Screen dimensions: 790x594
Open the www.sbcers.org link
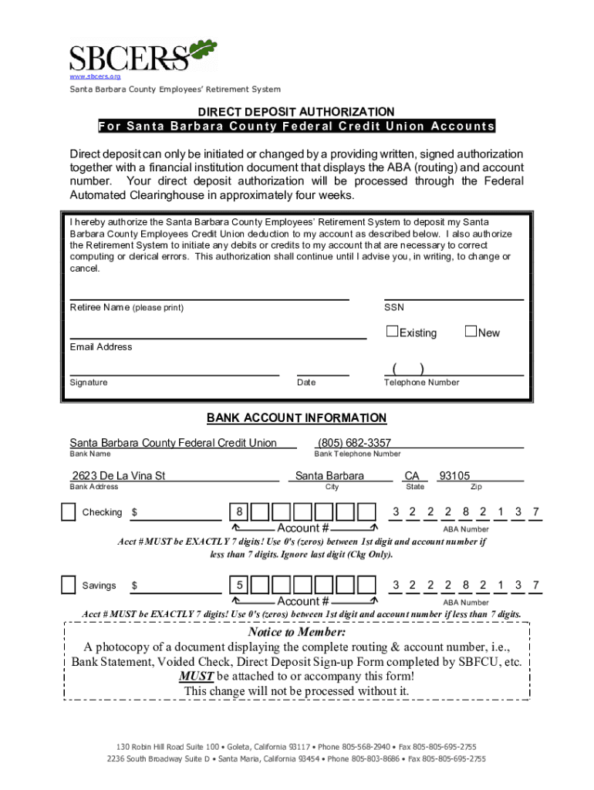coord(95,77)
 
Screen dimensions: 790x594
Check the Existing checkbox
coord(392,332)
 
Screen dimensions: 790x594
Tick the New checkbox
coord(471,332)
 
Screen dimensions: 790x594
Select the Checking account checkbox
coord(69,512)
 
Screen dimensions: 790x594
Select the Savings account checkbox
coord(69,586)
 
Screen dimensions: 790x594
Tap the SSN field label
coord(393,308)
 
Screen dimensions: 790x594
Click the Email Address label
coord(100,347)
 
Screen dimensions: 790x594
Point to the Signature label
coord(89,383)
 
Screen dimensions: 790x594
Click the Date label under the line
coord(306,383)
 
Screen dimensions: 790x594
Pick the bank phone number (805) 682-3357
coord(354,443)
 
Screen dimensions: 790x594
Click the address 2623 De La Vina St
coord(119,476)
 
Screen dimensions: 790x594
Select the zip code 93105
coord(454,476)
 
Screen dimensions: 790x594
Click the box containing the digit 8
coord(240,512)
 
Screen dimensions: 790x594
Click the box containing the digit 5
coord(240,586)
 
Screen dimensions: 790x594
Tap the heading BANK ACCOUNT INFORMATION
coord(296,418)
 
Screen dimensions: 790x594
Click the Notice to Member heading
coord(296,633)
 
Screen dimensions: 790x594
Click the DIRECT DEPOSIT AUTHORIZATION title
coord(296,112)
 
